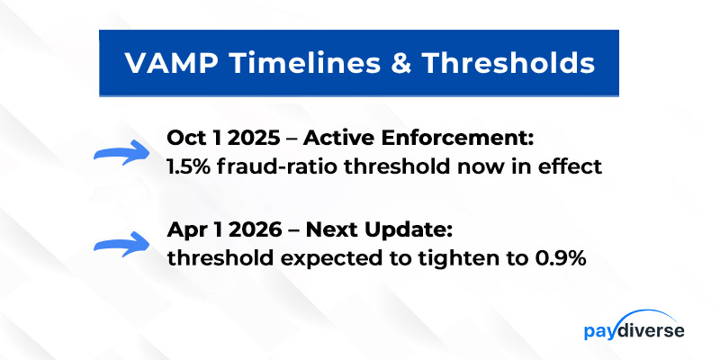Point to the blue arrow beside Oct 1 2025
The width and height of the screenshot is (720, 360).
point(121,152)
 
